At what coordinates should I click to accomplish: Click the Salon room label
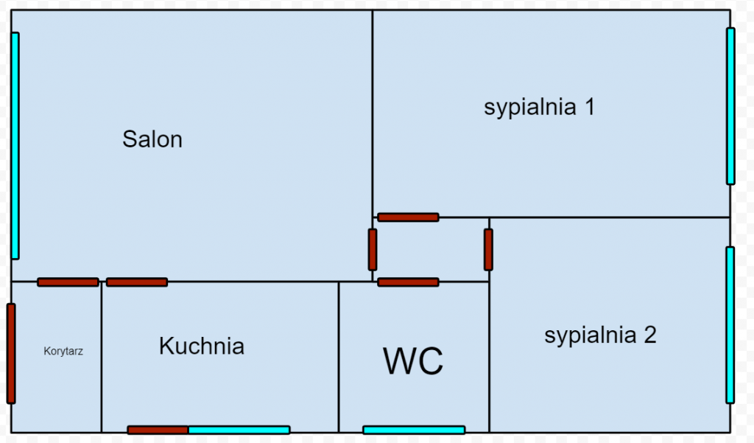coord(152,139)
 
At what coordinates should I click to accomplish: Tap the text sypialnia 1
coord(539,107)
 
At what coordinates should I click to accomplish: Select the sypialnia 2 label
coord(600,335)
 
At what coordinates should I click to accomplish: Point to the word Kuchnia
coord(201,346)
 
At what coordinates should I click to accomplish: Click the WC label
coord(413,361)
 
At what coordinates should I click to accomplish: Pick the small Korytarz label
coord(63,352)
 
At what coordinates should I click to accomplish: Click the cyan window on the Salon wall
coord(15,145)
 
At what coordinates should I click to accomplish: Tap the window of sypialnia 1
coord(730,106)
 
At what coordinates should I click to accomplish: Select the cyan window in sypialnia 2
coord(730,324)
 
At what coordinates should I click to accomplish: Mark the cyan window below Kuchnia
coord(239,430)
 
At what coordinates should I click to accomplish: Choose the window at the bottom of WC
coord(414,430)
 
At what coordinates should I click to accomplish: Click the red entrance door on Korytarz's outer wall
coord(11,353)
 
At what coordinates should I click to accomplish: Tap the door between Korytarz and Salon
coord(68,282)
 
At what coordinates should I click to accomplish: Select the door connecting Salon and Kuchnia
coord(137,282)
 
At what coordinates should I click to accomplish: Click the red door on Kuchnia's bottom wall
coord(158,430)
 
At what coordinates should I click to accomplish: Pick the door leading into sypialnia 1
coord(408,217)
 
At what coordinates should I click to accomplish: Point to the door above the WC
coord(408,282)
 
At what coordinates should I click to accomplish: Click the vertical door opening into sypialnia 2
coord(488,249)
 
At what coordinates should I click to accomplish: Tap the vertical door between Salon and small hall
coord(373,249)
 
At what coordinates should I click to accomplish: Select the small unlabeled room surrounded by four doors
coord(431,249)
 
